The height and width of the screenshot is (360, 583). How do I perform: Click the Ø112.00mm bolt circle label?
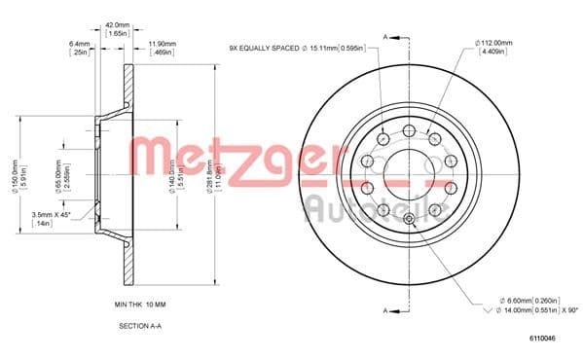pyautogui.click(x=495, y=41)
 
